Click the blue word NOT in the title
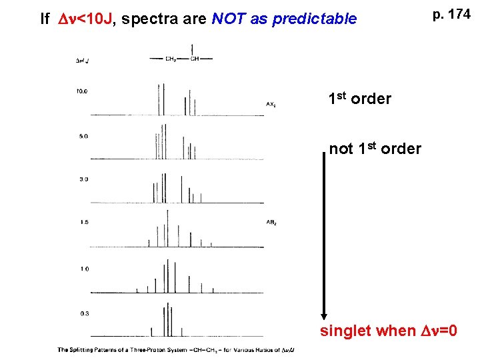[229, 19]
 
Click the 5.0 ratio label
[83, 136]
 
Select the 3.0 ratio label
[83, 179]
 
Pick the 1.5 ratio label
[83, 222]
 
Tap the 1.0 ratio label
[83, 269]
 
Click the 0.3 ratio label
[83, 313]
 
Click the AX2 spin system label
[271, 105]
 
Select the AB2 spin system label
[271, 222]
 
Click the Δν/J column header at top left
[83, 60]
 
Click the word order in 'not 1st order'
[402, 149]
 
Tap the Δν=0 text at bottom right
[437, 331]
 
